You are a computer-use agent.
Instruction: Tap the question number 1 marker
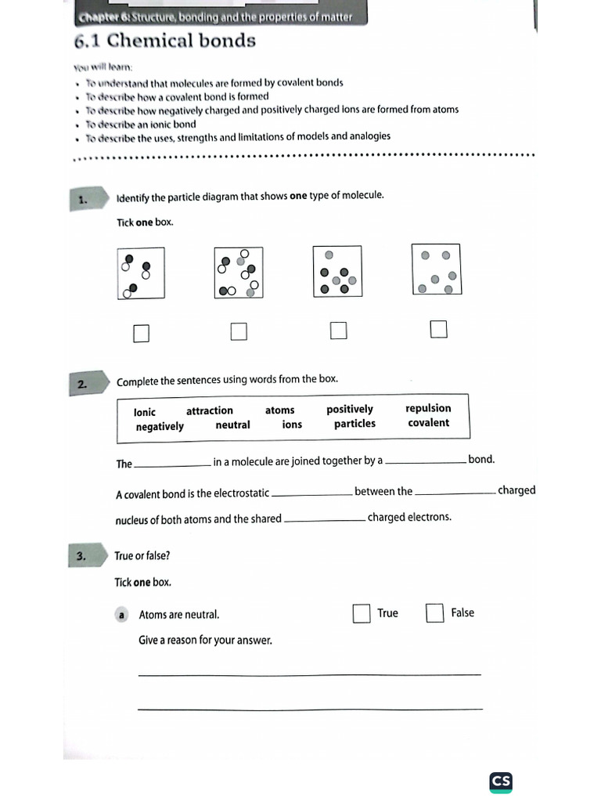85,200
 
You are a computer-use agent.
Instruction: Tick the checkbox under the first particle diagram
141,334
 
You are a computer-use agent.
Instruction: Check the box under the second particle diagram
239,332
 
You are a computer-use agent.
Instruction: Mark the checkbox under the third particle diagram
338,331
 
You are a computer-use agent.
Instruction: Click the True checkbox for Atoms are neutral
361,613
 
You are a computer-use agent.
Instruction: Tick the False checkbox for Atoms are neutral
435,613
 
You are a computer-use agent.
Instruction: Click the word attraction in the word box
210,410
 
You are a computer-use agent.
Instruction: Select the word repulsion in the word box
428,408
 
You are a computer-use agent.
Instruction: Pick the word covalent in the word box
429,423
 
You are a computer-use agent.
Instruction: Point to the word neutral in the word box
233,425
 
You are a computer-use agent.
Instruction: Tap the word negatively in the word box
160,427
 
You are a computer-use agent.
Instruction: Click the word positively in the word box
350,409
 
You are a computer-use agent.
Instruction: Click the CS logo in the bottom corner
501,781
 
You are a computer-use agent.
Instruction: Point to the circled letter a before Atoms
122,616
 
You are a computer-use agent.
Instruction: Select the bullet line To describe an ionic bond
141,124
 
